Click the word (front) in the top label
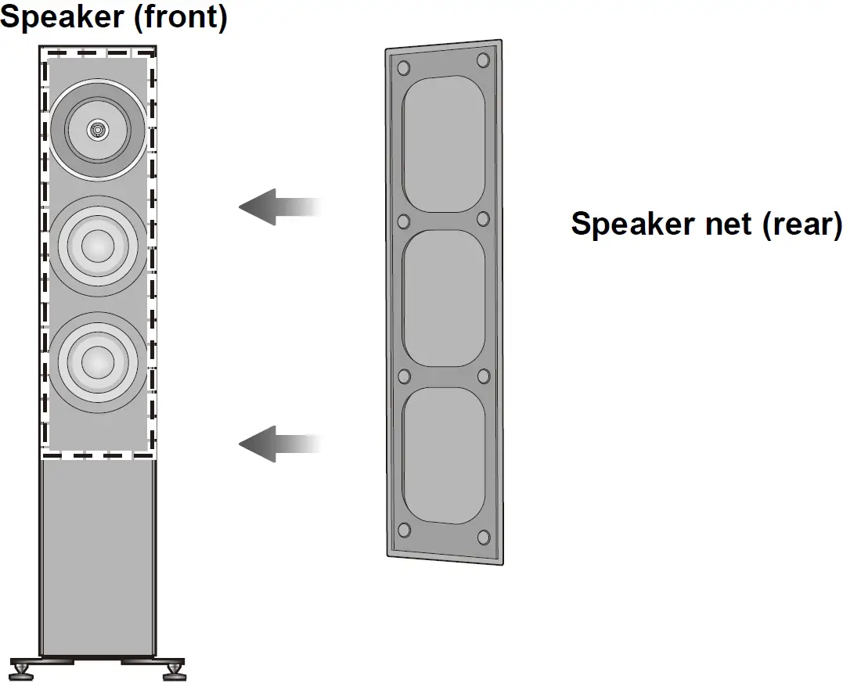tap(181, 17)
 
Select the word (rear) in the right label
tap(798, 224)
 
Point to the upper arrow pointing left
tap(278, 207)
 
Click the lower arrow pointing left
tap(278, 444)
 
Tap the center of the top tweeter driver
tap(97, 129)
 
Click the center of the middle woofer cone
tap(97, 246)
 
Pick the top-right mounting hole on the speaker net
tap(483, 60)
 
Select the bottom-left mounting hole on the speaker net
tap(404, 530)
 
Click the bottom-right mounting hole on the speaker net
tap(483, 536)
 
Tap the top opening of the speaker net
tap(443, 144)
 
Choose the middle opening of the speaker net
tap(443, 298)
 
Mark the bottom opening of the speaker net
tap(443, 455)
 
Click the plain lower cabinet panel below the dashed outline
tap(97, 555)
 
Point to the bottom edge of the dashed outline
tap(97, 455)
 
